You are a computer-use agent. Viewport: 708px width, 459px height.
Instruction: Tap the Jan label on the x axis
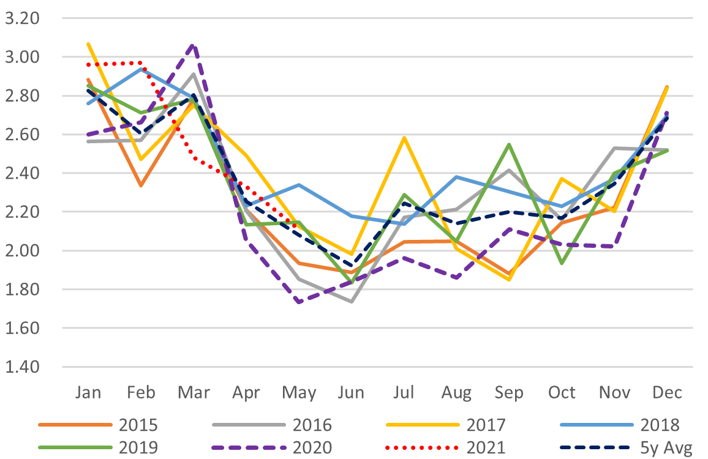[x=88, y=392]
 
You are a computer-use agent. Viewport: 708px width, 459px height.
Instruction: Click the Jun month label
[x=351, y=392]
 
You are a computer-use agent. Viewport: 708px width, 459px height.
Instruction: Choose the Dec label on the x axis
[x=666, y=392]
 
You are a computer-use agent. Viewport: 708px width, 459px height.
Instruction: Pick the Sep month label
[x=508, y=392]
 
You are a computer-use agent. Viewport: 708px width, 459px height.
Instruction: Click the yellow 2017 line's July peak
[x=404, y=138]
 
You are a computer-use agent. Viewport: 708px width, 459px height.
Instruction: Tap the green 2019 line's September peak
[x=508, y=144]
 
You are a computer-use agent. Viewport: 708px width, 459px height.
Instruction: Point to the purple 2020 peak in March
[x=194, y=45]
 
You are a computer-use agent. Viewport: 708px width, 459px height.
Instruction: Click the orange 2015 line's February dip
[x=141, y=185]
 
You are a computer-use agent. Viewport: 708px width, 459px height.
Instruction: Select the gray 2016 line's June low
[x=351, y=301]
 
